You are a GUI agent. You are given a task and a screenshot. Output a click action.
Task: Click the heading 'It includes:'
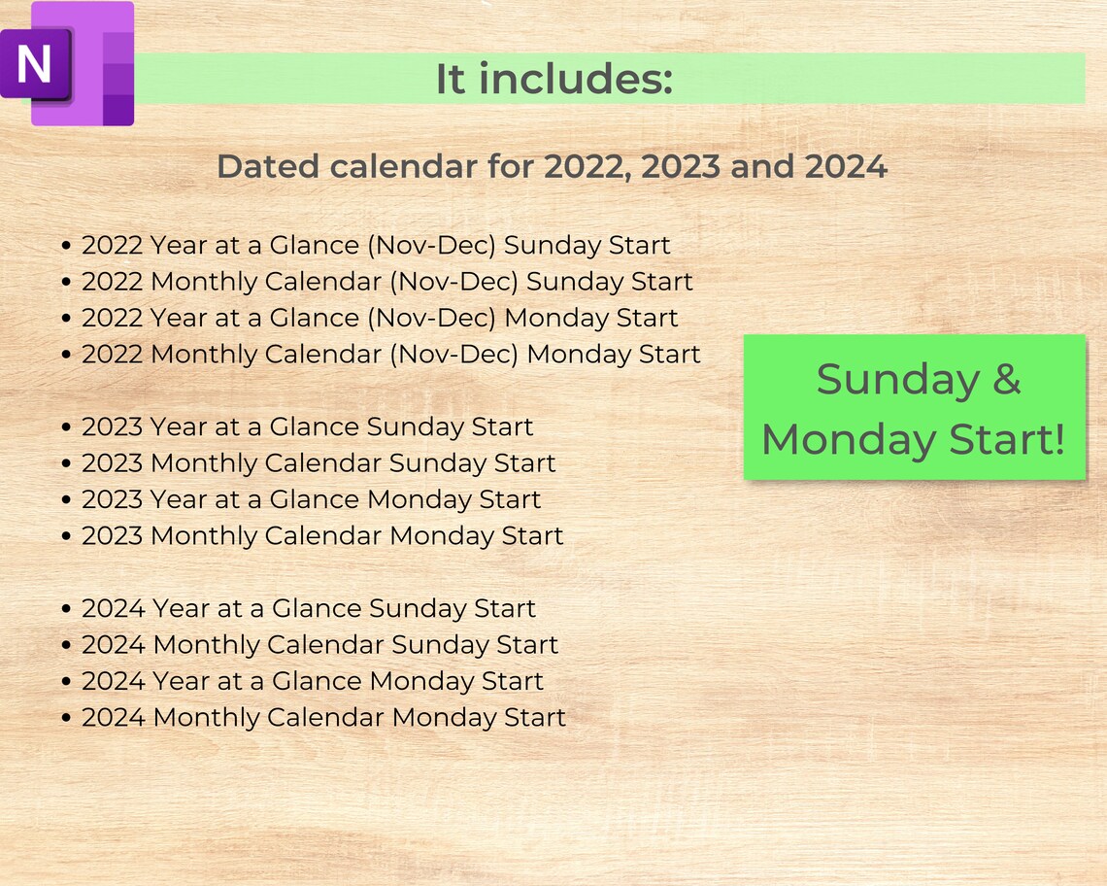(553, 80)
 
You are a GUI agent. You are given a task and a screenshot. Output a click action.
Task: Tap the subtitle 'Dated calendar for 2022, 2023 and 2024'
(552, 167)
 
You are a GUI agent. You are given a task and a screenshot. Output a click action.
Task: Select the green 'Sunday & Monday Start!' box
(914, 408)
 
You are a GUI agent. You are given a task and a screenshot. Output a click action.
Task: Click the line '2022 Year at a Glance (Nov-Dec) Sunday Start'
(376, 245)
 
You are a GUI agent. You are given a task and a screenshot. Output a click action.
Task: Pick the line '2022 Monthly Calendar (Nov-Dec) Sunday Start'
(386, 282)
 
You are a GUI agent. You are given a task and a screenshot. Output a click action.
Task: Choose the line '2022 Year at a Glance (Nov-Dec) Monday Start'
(380, 318)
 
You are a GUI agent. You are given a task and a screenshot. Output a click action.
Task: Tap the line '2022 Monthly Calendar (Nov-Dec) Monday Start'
(390, 355)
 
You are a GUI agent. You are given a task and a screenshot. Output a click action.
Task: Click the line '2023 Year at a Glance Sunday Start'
(307, 426)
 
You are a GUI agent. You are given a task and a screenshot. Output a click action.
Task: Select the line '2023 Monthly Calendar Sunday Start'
(319, 463)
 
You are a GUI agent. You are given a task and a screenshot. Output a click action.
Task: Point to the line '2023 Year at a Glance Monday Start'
(311, 499)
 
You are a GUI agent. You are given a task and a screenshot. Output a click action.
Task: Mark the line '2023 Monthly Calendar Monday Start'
(322, 536)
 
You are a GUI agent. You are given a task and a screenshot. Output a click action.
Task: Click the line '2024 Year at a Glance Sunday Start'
(309, 609)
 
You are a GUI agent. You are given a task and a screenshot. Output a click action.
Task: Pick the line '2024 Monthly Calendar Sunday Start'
(319, 645)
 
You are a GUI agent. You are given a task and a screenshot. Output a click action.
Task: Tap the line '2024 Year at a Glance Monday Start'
(313, 681)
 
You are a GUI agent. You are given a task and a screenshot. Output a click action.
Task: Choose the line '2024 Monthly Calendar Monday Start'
(323, 718)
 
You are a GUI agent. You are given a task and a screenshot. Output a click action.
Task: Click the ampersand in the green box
(1007, 379)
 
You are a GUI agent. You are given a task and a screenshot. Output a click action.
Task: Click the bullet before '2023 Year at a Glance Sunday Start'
(66, 427)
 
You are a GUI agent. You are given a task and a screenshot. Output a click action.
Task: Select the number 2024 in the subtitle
(846, 167)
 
